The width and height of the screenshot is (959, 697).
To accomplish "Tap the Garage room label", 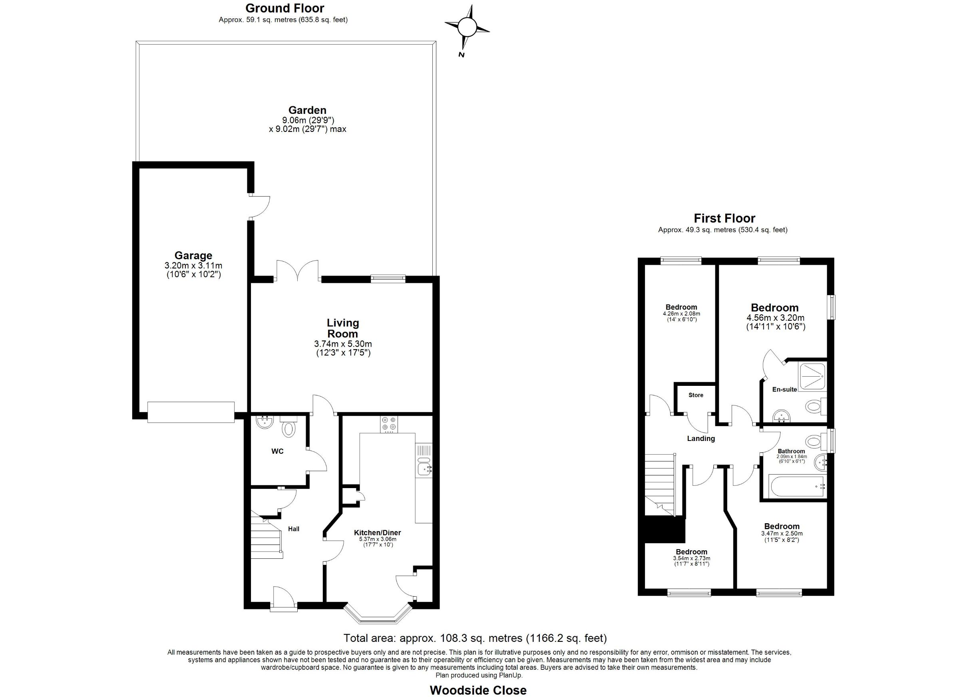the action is click(x=193, y=255).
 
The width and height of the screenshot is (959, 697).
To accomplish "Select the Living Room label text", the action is click(x=342, y=328).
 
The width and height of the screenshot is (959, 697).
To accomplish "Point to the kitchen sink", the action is click(x=423, y=469).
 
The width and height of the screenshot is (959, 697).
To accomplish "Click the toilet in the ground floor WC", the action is click(x=289, y=427).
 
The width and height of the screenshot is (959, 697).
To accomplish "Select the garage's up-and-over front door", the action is click(x=191, y=412).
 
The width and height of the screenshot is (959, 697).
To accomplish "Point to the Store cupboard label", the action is click(x=696, y=395).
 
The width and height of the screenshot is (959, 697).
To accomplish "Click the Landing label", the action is click(x=700, y=439).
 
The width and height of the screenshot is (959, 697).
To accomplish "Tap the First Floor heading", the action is click(x=724, y=218).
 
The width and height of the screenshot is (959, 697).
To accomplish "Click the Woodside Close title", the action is click(x=478, y=690).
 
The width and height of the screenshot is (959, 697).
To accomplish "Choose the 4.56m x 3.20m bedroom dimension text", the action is click(x=775, y=318).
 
